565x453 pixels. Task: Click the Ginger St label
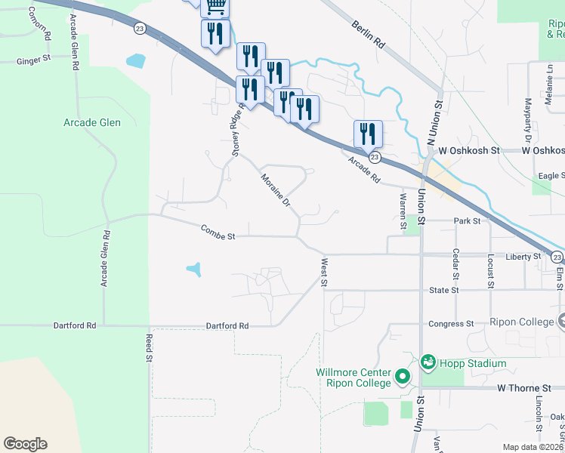tap(33, 57)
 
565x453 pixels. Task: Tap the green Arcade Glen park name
tap(92, 122)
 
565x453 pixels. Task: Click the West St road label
tap(324, 273)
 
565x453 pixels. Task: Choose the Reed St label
tap(149, 348)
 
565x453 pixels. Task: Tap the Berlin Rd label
tap(368, 35)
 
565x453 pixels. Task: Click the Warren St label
tap(403, 211)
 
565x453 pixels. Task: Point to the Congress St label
tap(450, 324)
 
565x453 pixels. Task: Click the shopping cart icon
tap(216, 6)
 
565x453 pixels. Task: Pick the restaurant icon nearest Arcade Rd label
tap(368, 134)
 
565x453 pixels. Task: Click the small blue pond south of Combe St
tap(194, 269)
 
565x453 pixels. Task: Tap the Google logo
tap(25, 444)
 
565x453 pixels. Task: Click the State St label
tap(443, 291)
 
